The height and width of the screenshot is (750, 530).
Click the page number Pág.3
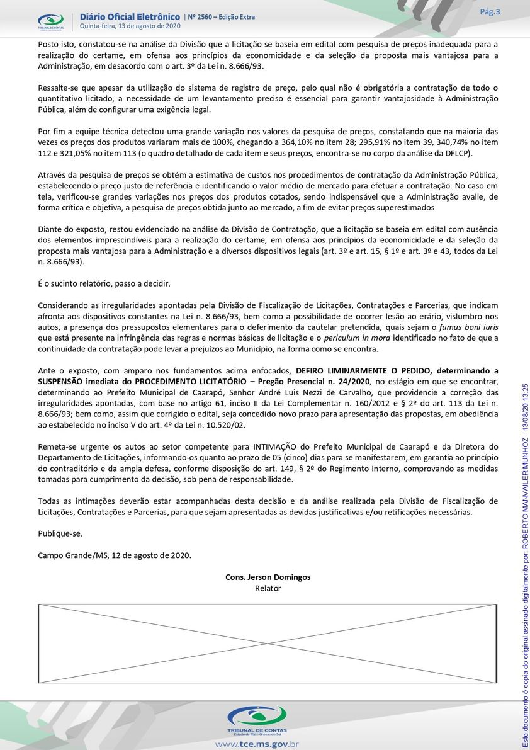(x=490, y=12)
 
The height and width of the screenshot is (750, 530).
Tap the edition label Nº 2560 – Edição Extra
(x=222, y=17)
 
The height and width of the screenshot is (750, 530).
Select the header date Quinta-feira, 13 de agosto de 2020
(x=130, y=26)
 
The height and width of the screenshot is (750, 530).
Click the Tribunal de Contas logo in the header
(x=50, y=21)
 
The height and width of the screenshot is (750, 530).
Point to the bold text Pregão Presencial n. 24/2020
(x=321, y=382)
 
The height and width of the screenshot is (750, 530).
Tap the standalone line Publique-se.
(x=60, y=533)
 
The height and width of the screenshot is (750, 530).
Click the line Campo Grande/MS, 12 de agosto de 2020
(x=114, y=555)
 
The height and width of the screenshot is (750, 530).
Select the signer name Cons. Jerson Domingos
(x=268, y=577)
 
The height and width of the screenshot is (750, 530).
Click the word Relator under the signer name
(x=268, y=588)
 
